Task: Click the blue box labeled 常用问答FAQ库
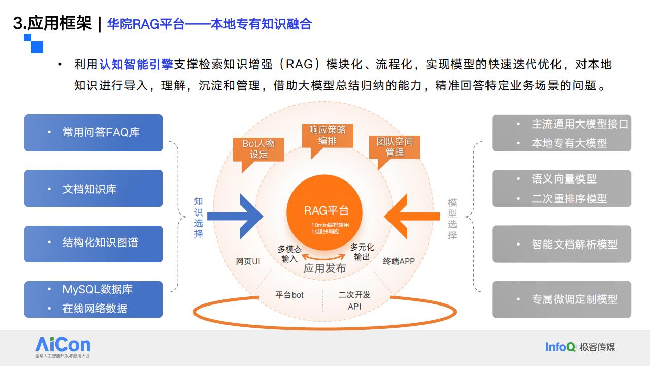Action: point(93,133)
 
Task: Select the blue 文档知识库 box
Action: point(93,188)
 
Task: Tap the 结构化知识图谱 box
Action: point(93,244)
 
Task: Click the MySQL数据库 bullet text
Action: point(97,289)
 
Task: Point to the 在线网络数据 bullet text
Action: point(95,309)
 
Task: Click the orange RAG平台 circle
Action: point(324,212)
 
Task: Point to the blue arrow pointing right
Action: point(235,217)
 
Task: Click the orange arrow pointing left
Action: point(412,217)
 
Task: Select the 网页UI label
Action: point(248,261)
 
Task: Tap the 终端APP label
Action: point(399,261)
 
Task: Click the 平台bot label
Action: point(289,295)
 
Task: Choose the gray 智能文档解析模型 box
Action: point(562,244)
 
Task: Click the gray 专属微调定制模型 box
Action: point(562,299)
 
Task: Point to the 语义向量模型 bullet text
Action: point(564,179)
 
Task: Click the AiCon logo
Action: point(62,347)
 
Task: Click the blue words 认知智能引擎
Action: point(136,65)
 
